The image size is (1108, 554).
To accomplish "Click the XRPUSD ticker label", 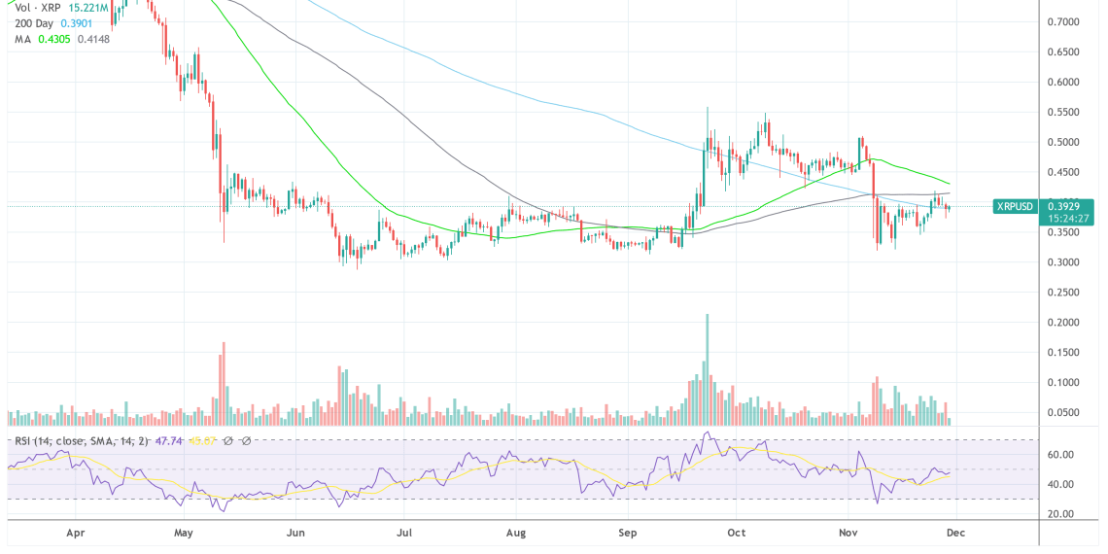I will click(x=1017, y=206).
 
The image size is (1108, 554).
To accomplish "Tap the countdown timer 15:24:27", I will click(x=1069, y=219).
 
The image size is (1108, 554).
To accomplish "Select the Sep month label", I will click(x=627, y=534).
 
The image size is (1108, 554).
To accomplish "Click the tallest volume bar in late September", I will click(x=707, y=369).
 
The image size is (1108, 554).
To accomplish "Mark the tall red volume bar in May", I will click(x=224, y=383).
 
